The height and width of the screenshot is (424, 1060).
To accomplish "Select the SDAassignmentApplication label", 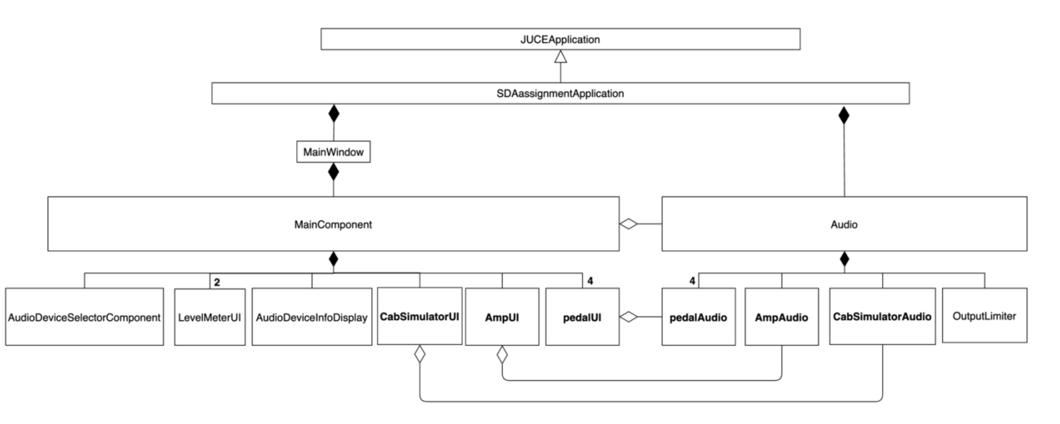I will tap(560, 94).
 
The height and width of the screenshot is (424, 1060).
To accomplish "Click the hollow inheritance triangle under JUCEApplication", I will tap(560, 57).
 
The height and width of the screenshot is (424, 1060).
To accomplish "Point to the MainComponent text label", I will tap(333, 224).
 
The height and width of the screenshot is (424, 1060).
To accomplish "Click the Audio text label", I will tap(844, 224).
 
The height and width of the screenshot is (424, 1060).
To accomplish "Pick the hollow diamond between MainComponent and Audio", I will tap(628, 224).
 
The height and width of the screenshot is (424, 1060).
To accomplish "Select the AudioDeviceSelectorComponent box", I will tap(84, 317).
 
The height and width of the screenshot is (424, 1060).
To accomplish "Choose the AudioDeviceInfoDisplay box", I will tap(311, 317).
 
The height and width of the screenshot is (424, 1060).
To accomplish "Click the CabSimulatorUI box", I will tap(419, 316).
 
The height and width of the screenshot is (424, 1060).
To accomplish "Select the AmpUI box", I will tap(502, 317).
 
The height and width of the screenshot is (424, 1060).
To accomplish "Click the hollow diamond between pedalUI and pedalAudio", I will tap(628, 317).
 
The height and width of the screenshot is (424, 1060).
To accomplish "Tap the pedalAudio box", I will tap(698, 317).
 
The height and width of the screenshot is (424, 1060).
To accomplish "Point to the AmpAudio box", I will tap(781, 317).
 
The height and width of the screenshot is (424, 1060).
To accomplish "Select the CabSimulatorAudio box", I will tap(882, 316).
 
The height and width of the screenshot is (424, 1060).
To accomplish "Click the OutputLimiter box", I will tap(984, 316).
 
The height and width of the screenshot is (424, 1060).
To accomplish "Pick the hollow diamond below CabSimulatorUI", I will tap(420, 354).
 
